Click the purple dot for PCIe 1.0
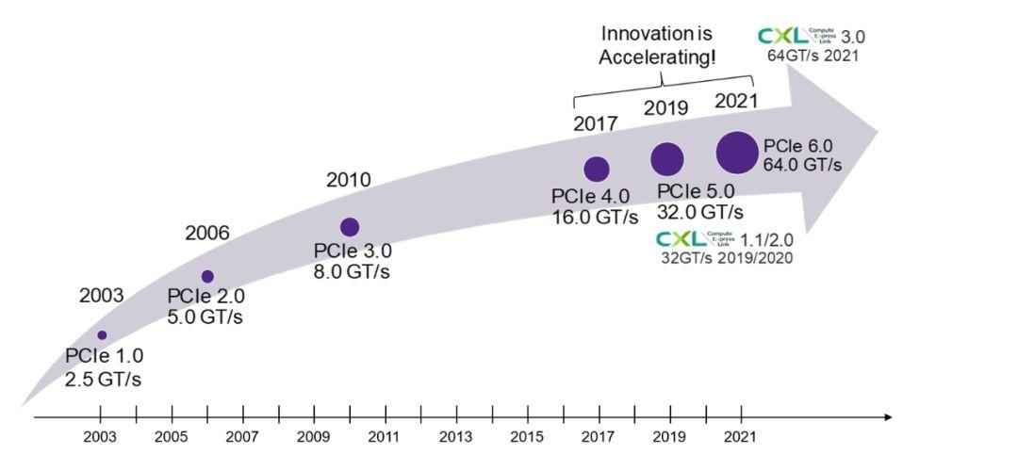coord(102,335)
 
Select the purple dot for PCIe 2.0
coord(207,276)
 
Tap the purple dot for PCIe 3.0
coord(350,226)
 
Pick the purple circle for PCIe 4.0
coord(597,169)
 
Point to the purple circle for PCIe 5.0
coord(667,159)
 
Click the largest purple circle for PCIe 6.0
coord(737,152)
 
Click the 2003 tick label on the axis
coord(101,438)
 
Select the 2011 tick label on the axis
coord(385,438)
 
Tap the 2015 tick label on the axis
coord(527,438)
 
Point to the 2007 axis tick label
coord(243,438)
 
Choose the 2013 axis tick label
coord(455,438)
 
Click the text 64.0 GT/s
coord(802,165)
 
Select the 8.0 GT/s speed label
coord(352,271)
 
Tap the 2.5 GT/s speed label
coord(104,379)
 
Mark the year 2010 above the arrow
coord(348,179)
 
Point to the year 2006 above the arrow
coord(207,233)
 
